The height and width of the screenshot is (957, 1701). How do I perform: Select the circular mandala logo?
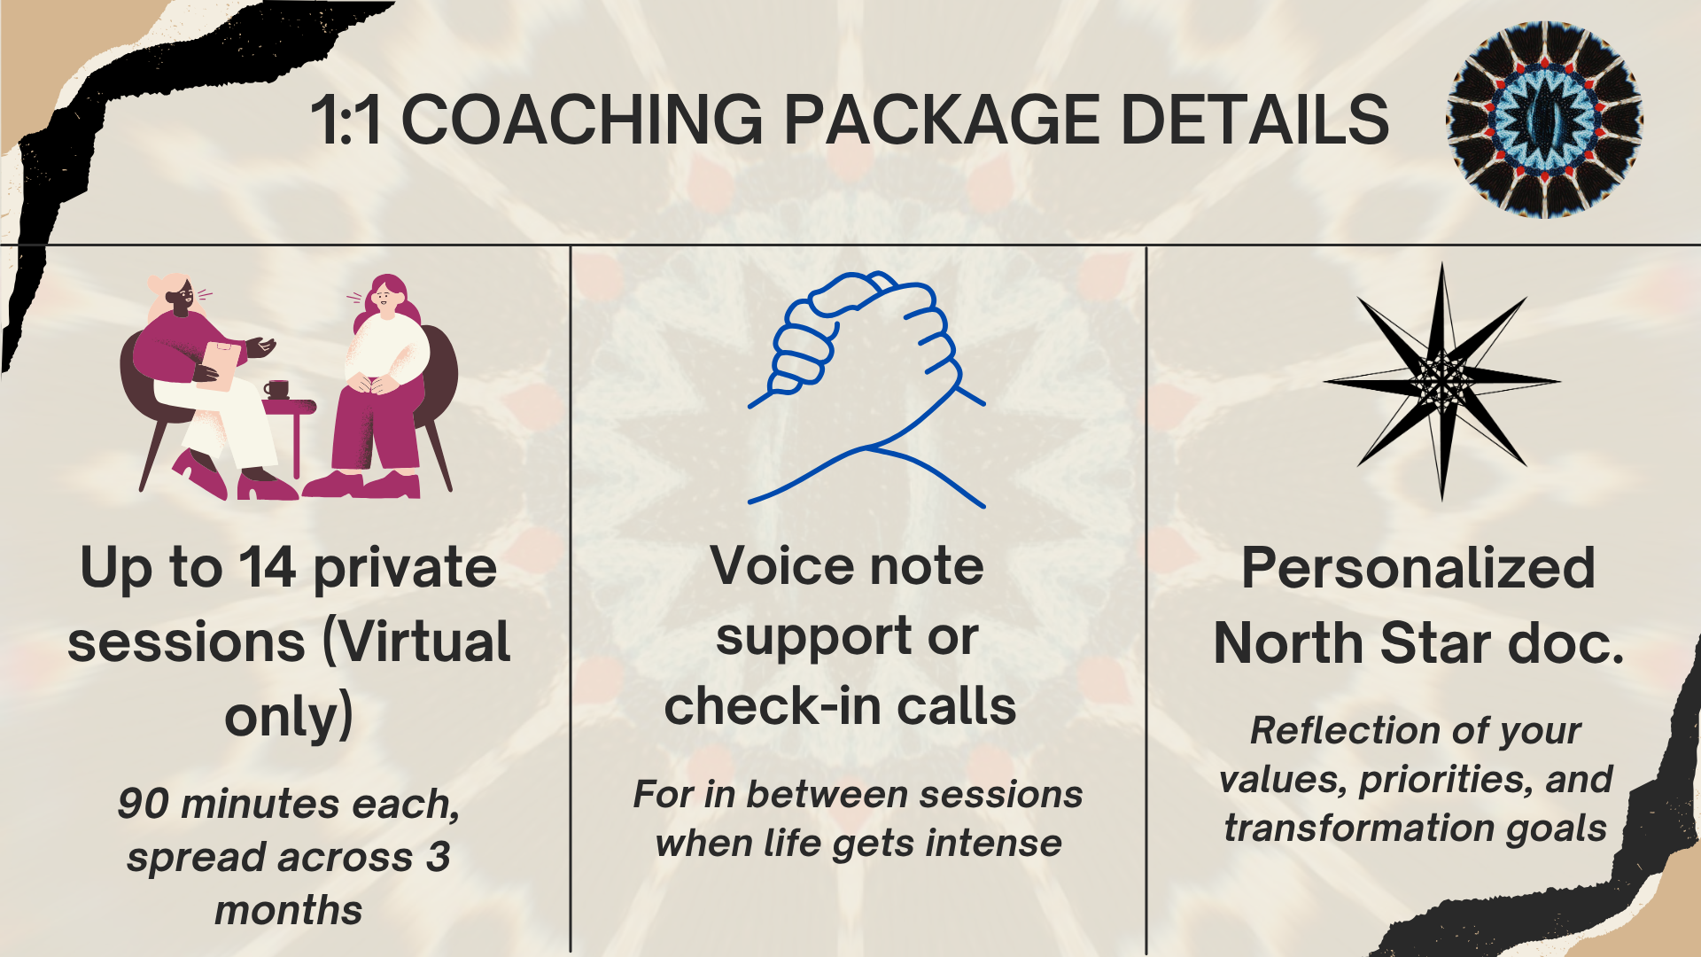point(1544,120)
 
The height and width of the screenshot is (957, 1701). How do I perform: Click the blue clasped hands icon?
point(866,389)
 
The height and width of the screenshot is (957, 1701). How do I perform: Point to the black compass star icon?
point(1442,381)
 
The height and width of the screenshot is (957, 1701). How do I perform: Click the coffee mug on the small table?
point(276,389)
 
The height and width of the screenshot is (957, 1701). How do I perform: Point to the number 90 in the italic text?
point(143,804)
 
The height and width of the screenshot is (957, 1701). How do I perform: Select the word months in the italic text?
point(289,910)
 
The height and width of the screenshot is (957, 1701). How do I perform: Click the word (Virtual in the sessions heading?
point(417,642)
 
